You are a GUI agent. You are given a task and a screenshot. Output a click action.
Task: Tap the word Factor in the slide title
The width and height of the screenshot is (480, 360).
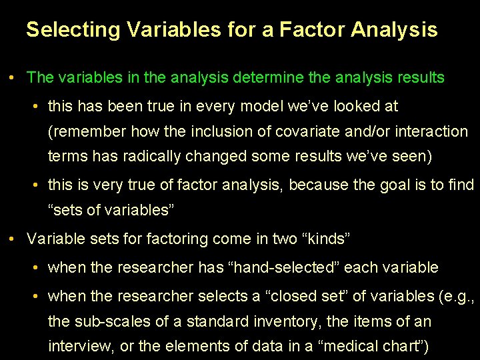point(313,30)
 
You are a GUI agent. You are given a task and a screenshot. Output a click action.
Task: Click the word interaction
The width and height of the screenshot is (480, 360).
point(431,132)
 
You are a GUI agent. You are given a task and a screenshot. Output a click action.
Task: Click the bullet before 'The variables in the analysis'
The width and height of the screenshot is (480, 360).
point(13,78)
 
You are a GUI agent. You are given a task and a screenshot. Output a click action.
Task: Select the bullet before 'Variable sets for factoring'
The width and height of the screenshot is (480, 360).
point(13,238)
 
